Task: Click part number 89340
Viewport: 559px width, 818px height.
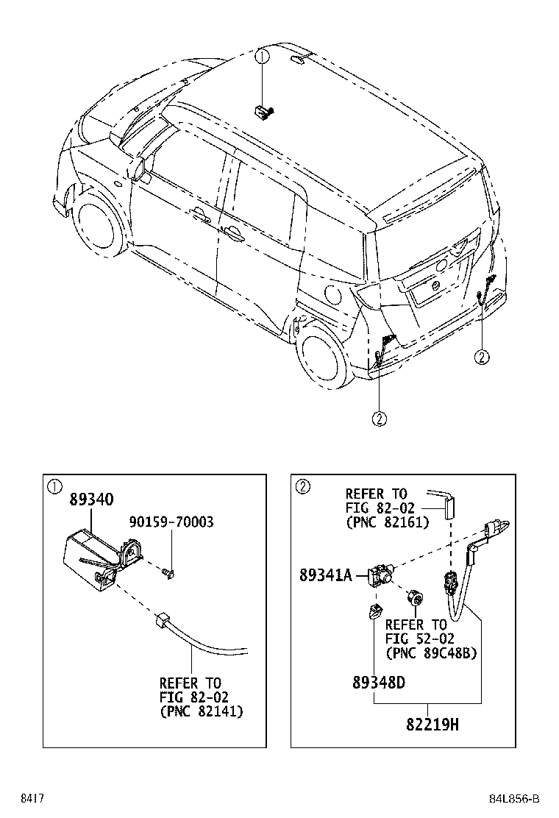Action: pos(91,499)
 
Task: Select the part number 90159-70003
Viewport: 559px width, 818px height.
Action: pos(171,522)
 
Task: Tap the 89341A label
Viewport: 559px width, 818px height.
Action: pos(326,575)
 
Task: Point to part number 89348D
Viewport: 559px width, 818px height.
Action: pos(379,682)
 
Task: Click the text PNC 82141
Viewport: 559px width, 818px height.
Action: pos(202,711)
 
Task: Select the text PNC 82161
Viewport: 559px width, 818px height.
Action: pos(388,522)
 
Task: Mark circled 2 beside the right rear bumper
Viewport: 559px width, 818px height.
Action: pos(482,357)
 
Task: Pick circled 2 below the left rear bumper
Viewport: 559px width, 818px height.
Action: pos(379,418)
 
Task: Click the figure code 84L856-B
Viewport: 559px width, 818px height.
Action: pos(513,799)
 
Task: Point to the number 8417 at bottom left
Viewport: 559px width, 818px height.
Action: pos(32,799)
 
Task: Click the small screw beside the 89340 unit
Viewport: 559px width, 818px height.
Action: pos(168,573)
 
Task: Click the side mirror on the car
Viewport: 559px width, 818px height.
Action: pos(139,168)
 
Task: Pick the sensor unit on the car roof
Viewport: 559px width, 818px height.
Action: pos(263,111)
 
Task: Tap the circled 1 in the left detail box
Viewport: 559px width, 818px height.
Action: pos(54,487)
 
